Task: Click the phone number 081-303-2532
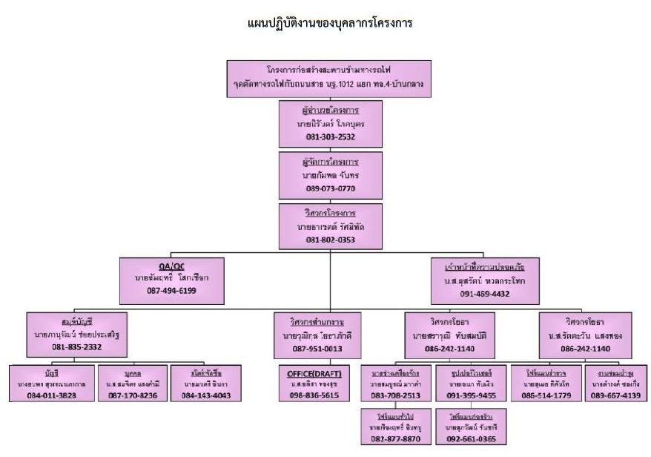pyautogui.click(x=325, y=137)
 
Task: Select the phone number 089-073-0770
pyautogui.click(x=325, y=189)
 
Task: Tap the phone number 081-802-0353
pyautogui.click(x=325, y=240)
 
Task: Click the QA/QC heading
pyautogui.click(x=156, y=265)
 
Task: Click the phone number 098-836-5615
pyautogui.click(x=317, y=395)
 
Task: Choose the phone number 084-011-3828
pyautogui.click(x=51, y=395)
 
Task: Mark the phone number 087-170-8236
pyautogui.click(x=134, y=395)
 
